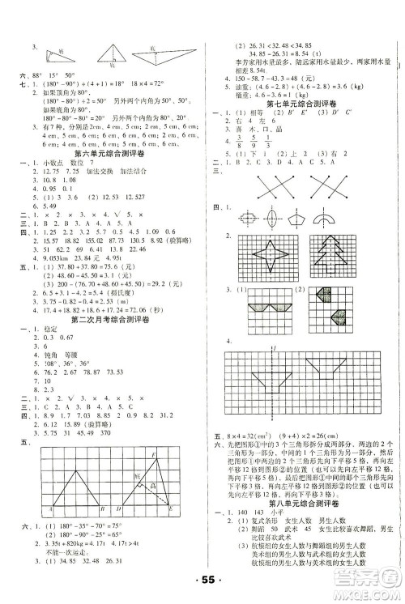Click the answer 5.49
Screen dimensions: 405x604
click(44, 206)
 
